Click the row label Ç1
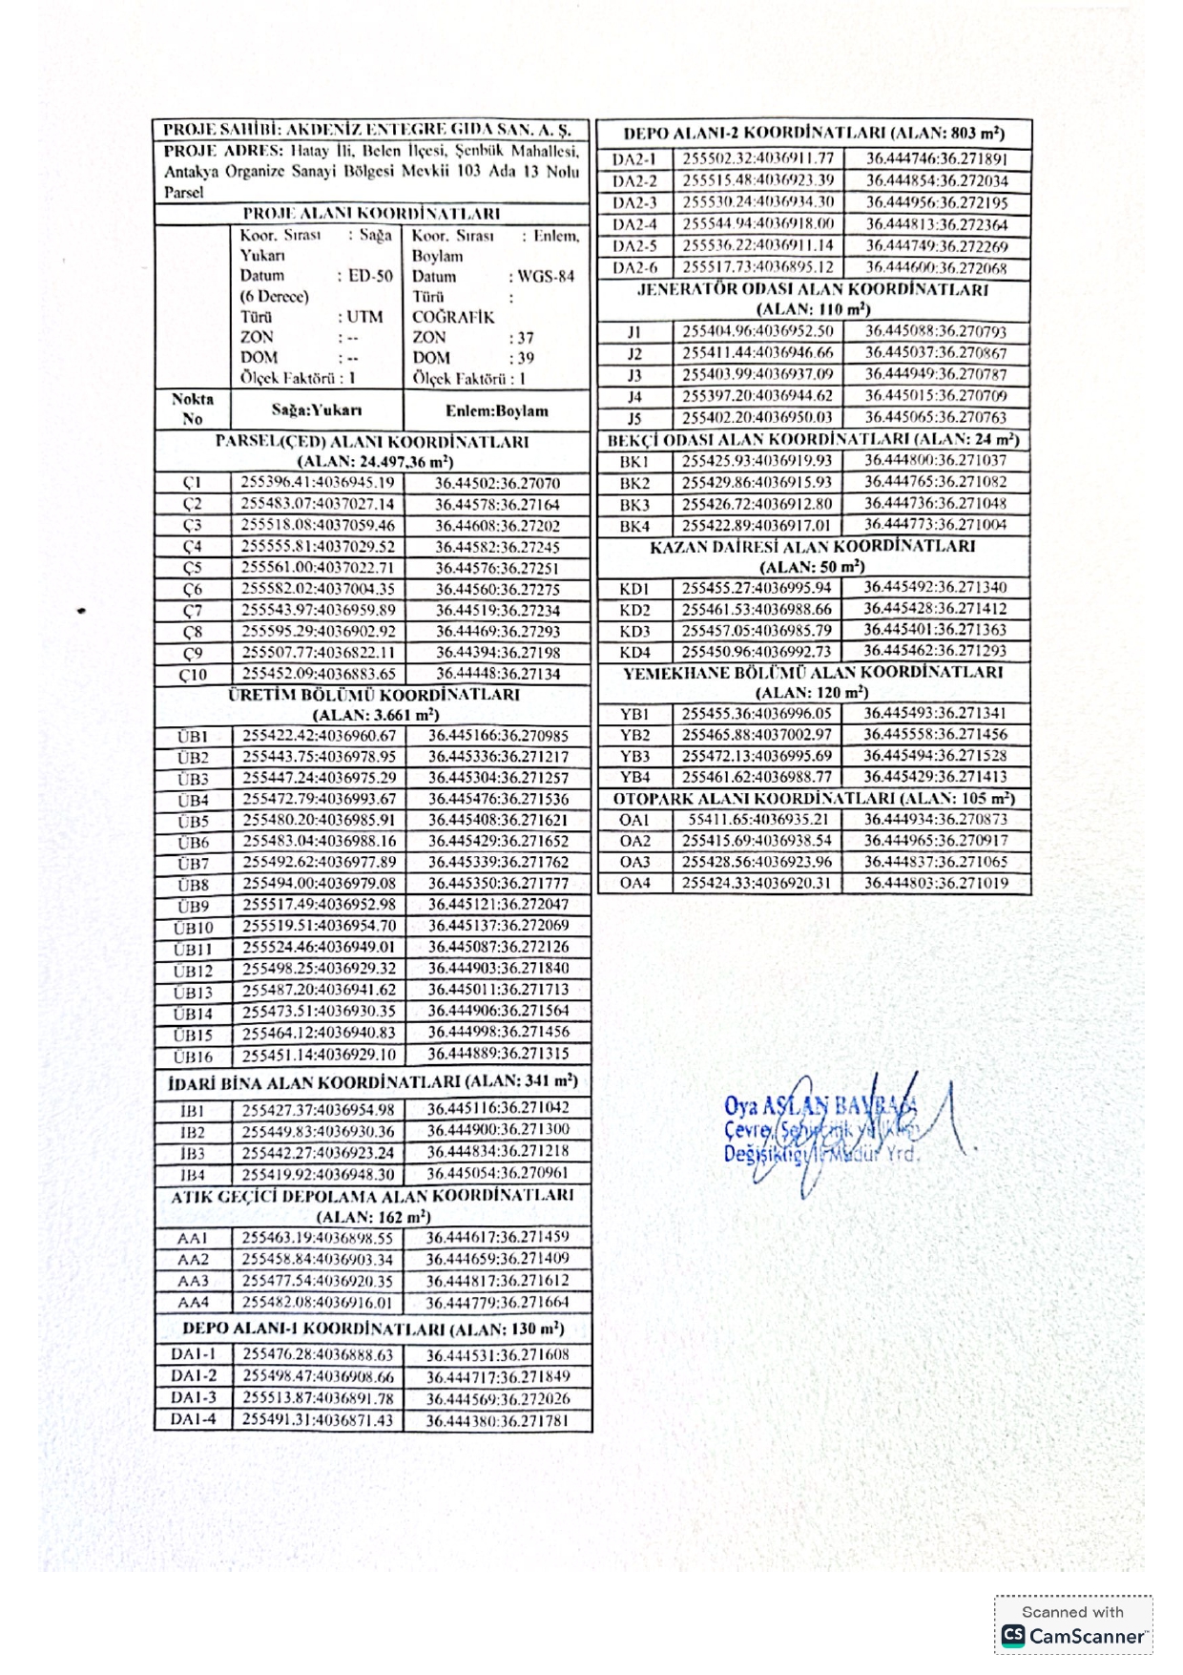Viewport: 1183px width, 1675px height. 192,483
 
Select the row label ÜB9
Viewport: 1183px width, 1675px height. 192,906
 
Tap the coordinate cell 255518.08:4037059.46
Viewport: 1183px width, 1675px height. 317,526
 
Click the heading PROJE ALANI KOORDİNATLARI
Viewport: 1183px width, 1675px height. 371,214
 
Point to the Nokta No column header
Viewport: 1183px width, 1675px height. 193,409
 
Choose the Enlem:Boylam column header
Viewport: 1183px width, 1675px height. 496,411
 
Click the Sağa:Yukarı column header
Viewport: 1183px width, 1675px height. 316,410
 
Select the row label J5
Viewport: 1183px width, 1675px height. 634,418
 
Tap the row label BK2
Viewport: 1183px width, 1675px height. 634,483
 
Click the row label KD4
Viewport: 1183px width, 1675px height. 634,652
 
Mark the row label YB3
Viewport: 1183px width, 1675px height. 634,756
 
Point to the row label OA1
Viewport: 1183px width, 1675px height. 634,820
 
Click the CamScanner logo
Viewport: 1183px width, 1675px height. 1073,1636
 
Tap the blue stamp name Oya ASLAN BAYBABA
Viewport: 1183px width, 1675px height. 820,1106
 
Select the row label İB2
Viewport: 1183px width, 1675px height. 192,1133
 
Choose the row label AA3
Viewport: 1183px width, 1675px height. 193,1282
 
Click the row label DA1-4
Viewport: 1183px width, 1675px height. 193,1420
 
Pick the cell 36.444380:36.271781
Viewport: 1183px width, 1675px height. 497,1421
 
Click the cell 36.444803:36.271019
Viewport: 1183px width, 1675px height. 936,884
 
